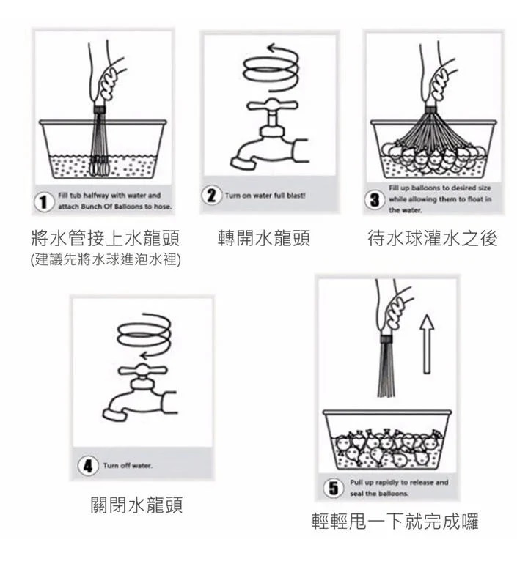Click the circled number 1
point(44,202)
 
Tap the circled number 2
point(211,195)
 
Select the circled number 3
point(374,199)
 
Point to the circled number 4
point(87,466)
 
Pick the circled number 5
point(333,488)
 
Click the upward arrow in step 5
point(427,344)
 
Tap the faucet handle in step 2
point(272,105)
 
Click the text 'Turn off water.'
point(128,466)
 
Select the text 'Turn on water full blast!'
point(265,196)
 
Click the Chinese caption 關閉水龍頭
point(136,505)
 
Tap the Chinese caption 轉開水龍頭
point(264,238)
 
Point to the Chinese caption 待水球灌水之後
point(433,238)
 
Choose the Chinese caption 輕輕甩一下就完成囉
point(395,522)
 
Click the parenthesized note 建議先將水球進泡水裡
point(106,259)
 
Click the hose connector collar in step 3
point(430,108)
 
